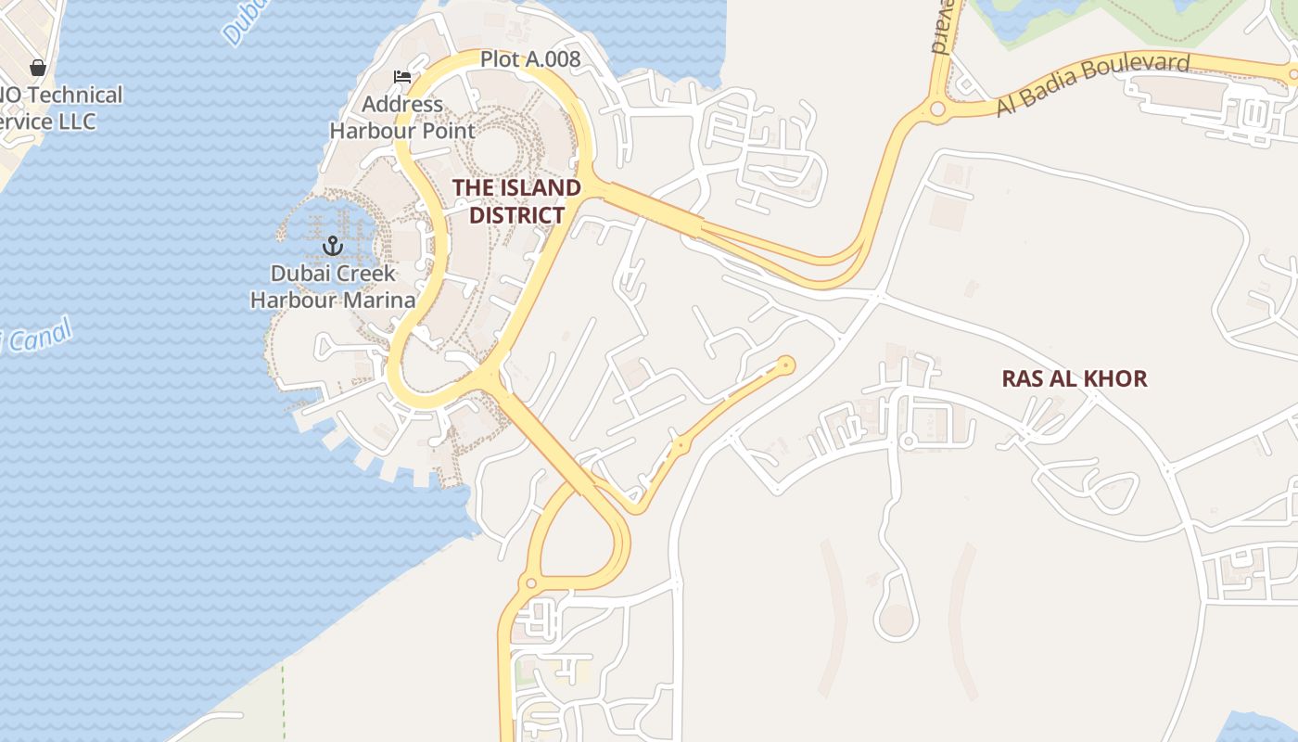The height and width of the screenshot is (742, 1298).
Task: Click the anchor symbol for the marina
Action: [332, 246]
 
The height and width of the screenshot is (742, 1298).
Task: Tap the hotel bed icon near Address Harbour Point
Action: [402, 77]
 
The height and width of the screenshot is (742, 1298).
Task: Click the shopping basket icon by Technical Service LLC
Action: [38, 68]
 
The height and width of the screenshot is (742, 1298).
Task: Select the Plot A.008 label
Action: [530, 60]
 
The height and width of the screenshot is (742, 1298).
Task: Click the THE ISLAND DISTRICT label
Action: [516, 201]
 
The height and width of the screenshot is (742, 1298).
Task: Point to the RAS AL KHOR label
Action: [1074, 378]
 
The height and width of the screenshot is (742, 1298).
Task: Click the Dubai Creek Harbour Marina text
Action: [333, 287]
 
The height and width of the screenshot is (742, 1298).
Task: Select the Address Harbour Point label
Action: [402, 118]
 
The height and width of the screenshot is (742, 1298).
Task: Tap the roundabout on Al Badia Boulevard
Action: [937, 109]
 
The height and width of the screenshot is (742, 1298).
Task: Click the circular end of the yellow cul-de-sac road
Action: [786, 365]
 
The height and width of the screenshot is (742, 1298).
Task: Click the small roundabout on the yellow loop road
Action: [530, 583]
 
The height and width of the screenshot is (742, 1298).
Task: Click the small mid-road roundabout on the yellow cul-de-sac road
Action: [681, 446]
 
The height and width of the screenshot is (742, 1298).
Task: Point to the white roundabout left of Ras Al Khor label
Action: [909, 441]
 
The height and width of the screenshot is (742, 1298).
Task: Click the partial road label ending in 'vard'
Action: [941, 28]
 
